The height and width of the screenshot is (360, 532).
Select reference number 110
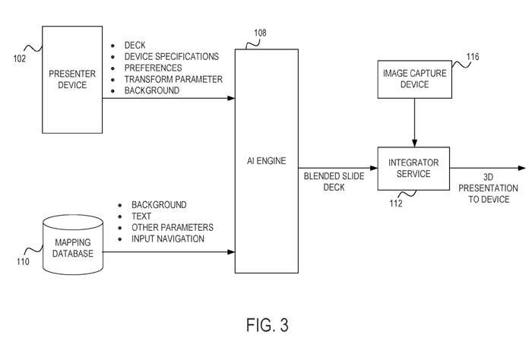point(23,262)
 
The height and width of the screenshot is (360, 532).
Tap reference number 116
point(473,57)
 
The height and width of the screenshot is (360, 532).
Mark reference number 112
point(396,202)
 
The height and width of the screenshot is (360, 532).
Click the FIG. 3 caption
point(268,326)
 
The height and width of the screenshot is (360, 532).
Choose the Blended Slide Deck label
point(334,182)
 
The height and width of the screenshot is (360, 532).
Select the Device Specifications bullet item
point(171,57)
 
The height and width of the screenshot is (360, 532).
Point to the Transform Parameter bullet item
point(173,79)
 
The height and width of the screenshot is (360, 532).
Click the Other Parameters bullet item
point(173,227)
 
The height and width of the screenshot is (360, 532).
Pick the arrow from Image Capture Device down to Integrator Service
point(413,122)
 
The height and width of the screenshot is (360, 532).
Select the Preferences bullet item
point(153,68)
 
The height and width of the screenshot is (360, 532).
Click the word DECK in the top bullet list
point(135,46)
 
